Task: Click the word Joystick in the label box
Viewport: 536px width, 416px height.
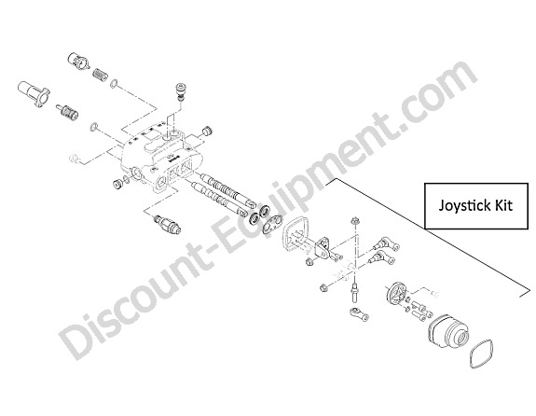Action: click(x=462, y=206)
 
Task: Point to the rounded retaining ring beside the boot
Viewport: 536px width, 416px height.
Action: click(x=481, y=354)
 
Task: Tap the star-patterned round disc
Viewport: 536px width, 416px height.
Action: click(x=396, y=293)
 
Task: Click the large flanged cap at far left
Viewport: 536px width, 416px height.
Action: click(x=34, y=93)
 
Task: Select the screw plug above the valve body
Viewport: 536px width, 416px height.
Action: click(x=180, y=91)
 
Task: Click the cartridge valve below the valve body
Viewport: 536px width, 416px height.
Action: click(x=168, y=225)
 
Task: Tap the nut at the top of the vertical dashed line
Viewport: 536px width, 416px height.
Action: click(x=354, y=220)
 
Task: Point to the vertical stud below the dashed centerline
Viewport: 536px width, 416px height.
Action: click(x=354, y=293)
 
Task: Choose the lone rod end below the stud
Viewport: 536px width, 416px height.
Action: click(x=359, y=313)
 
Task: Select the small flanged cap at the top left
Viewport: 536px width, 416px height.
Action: click(x=77, y=61)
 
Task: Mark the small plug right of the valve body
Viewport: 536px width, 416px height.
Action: click(x=208, y=131)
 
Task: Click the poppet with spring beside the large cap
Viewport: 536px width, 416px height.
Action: click(x=68, y=113)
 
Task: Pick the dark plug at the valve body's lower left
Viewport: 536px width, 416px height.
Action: click(x=118, y=184)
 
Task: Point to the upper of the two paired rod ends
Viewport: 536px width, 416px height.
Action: click(x=386, y=244)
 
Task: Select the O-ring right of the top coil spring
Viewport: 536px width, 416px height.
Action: click(x=114, y=82)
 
